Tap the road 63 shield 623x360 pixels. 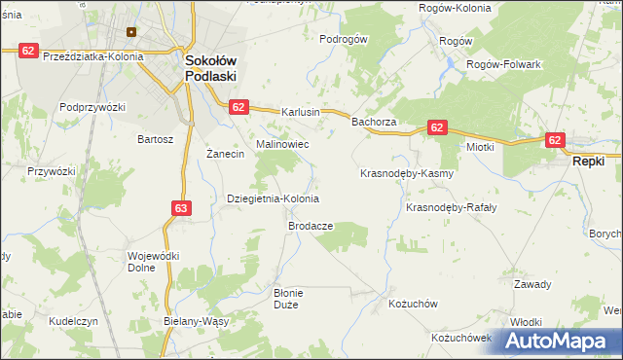181,207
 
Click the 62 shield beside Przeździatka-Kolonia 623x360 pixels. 28,49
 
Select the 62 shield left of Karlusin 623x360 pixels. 240,107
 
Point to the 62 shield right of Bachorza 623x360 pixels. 436,127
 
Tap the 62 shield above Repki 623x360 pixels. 556,140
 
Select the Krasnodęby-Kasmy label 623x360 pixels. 407,173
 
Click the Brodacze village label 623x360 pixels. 311,226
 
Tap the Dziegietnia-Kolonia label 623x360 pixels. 273,198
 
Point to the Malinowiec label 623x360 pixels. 282,144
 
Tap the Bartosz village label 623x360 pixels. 156,139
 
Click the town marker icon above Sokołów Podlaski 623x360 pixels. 128,31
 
